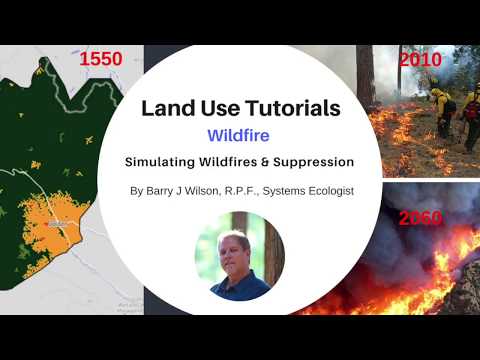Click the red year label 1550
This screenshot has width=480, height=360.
[101, 59]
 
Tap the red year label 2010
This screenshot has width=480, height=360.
[419, 59]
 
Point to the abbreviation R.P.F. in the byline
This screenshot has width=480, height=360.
[253, 189]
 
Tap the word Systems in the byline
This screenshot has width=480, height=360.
[282, 189]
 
